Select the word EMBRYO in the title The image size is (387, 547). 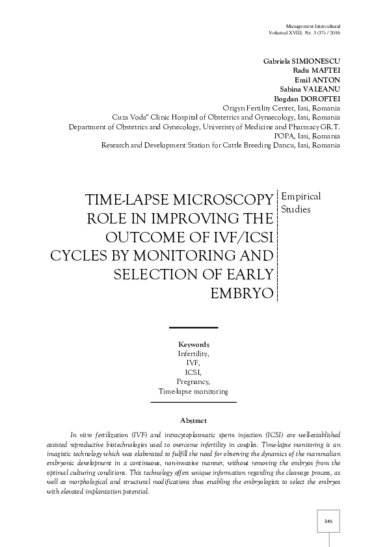coord(241,293)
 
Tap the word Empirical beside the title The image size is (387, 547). coord(301,196)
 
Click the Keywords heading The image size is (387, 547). coord(193,344)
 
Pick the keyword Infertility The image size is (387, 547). coord(193,353)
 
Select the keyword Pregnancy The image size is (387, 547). coord(193,382)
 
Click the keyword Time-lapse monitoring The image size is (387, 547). coord(193,392)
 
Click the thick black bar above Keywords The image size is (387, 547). coord(193,327)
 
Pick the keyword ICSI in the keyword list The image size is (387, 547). coord(193,372)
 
